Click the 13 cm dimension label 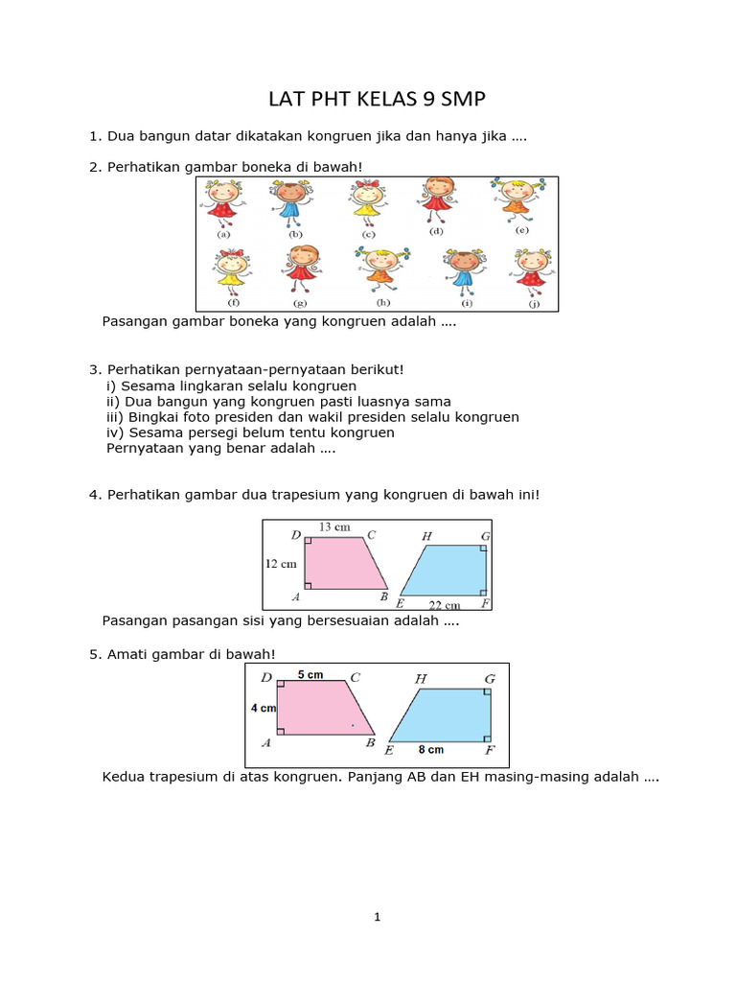tap(333, 526)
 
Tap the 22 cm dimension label tap(444, 605)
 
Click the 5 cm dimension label tap(310, 675)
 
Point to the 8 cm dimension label tap(430, 750)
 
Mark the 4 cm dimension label tap(264, 708)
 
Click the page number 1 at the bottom tap(378, 918)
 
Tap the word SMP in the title tap(463, 100)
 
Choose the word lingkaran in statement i tap(209, 386)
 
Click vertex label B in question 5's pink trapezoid tap(370, 742)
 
